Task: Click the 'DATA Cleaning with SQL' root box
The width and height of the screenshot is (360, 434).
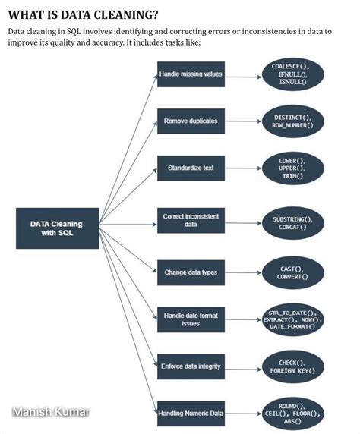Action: [x=58, y=228]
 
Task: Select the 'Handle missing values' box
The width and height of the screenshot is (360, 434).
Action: [x=191, y=74]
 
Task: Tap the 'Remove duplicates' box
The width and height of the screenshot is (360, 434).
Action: [x=191, y=121]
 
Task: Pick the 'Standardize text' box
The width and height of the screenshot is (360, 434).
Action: [x=191, y=168]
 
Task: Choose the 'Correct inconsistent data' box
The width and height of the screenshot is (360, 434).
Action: [x=191, y=220]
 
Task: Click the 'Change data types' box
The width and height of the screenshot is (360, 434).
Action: [x=191, y=272]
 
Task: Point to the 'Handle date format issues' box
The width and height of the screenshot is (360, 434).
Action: [x=191, y=319]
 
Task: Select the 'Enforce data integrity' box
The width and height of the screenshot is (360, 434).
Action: [x=191, y=366]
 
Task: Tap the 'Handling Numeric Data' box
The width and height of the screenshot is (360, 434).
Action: [x=191, y=414]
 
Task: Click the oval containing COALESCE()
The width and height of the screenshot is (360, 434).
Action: [x=293, y=74]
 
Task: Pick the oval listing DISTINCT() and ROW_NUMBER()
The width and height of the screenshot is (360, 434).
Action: [x=293, y=121]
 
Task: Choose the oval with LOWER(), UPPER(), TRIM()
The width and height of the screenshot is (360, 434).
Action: [x=293, y=168]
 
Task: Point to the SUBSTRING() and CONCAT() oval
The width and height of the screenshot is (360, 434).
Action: [x=293, y=223]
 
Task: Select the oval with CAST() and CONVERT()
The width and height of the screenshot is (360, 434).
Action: [x=293, y=272]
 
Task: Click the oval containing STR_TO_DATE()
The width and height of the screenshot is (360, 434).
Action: [x=293, y=319]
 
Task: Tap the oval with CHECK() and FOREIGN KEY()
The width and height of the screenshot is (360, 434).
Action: [x=293, y=366]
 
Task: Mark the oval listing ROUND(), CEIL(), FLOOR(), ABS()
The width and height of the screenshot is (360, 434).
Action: [x=293, y=414]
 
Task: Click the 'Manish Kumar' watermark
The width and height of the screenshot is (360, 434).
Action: [x=51, y=412]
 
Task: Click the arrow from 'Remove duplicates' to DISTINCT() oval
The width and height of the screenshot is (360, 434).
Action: [x=243, y=121]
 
